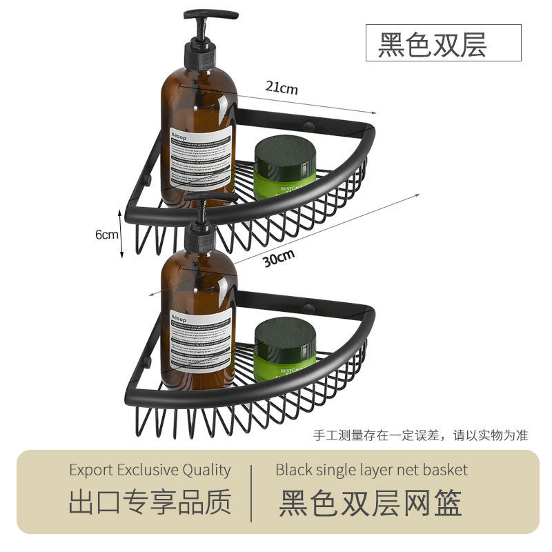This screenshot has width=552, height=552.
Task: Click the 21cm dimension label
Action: pyautogui.click(x=282, y=88)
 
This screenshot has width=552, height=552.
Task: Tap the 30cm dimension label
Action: pyautogui.click(x=279, y=257)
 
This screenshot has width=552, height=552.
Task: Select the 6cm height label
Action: pyautogui.click(x=107, y=234)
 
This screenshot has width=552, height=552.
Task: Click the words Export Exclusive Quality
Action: pyautogui.click(x=150, y=470)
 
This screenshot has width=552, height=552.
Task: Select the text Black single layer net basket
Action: pyautogui.click(x=371, y=470)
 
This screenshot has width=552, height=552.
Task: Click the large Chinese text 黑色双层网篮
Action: pyautogui.click(x=371, y=503)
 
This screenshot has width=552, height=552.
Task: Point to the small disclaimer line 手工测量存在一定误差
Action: pyautogui.click(x=421, y=435)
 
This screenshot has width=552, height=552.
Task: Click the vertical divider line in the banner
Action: pyautogui.click(x=252, y=491)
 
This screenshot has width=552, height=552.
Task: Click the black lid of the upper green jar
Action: pyautogui.click(x=285, y=150)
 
